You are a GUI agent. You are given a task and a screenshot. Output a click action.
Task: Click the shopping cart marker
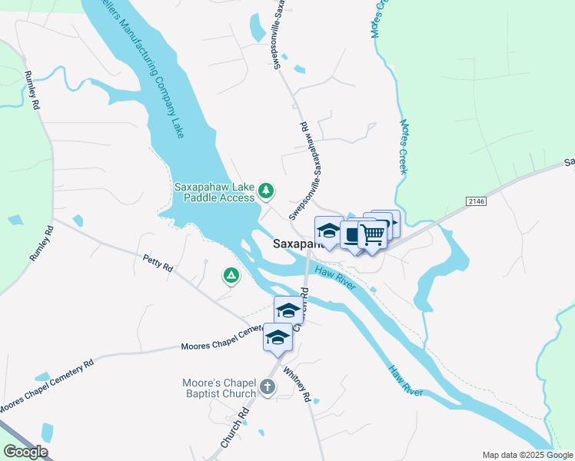pyautogui.click(x=372, y=234)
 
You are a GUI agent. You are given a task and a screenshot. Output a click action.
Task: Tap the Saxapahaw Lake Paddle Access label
pyautogui.click(x=214, y=191)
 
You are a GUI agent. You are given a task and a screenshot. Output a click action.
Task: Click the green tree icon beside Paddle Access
pyautogui.click(x=266, y=190)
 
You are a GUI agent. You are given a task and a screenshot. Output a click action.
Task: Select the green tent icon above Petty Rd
pyautogui.click(x=230, y=274)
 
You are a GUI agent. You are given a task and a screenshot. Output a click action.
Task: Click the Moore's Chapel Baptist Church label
pyautogui.click(x=219, y=388)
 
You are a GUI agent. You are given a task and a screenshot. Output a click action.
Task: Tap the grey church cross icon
pyautogui.click(x=267, y=386)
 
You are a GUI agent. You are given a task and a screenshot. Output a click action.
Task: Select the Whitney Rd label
pyautogui.click(x=296, y=384)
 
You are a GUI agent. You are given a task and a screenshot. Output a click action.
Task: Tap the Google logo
pyautogui.click(x=25, y=451)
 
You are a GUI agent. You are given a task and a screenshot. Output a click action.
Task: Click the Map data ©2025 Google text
pyautogui.click(x=527, y=455)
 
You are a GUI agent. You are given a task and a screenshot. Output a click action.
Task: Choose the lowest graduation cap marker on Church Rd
pyautogui.click(x=278, y=337)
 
